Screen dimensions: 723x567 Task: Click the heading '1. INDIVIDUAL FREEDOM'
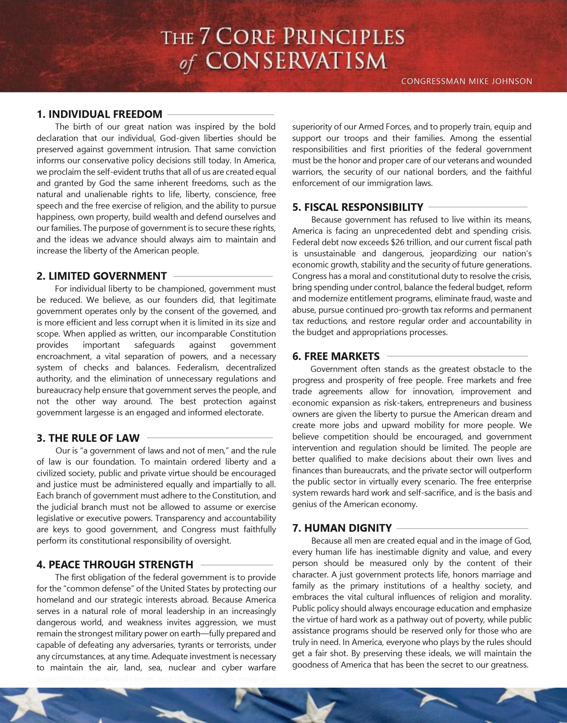click(99, 114)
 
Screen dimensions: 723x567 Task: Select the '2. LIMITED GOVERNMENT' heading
click(102, 276)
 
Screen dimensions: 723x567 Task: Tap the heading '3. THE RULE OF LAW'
click(88, 438)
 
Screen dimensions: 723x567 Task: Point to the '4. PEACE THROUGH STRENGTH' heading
click(115, 565)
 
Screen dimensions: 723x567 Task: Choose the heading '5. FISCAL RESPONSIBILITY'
click(358, 207)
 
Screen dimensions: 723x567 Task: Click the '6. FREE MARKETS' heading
click(336, 356)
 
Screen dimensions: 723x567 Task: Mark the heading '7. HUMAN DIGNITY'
click(342, 528)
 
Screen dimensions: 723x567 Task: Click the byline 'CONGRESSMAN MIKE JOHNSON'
click(467, 81)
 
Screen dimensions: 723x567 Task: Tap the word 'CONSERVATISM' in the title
click(296, 61)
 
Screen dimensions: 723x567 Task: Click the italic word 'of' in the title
click(187, 63)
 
